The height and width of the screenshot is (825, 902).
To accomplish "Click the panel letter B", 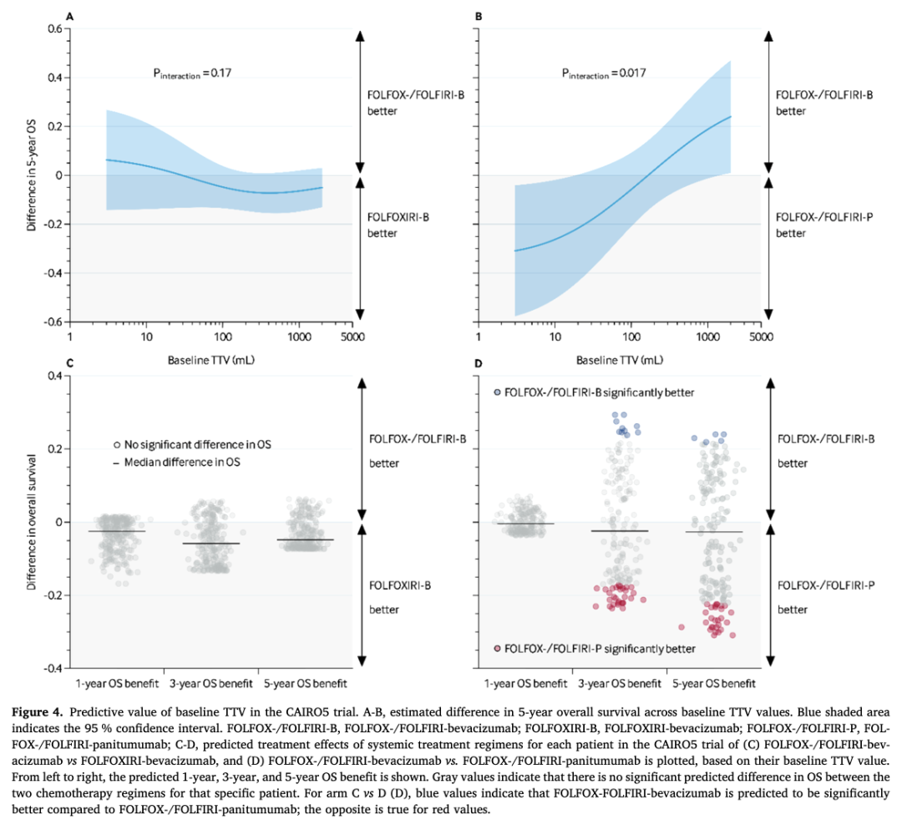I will coord(479,16).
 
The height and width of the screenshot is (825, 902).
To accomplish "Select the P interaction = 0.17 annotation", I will coord(191,73).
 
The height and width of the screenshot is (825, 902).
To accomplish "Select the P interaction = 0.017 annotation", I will coord(603,73).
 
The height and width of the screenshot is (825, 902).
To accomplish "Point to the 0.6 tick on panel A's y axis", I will coord(54,29).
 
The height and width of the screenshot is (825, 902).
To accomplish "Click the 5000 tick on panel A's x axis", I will coord(350,338).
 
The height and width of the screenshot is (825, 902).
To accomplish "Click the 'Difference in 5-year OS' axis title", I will coord(31,175).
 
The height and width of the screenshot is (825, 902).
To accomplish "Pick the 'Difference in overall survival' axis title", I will coord(31,522).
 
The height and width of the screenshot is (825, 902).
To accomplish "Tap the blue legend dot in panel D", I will coord(498,392).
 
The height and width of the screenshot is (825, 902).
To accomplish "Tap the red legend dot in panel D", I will coord(498,648).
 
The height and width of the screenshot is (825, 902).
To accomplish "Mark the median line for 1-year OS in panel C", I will coord(117,531).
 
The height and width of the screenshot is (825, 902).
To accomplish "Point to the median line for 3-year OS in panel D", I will coord(620,531).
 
